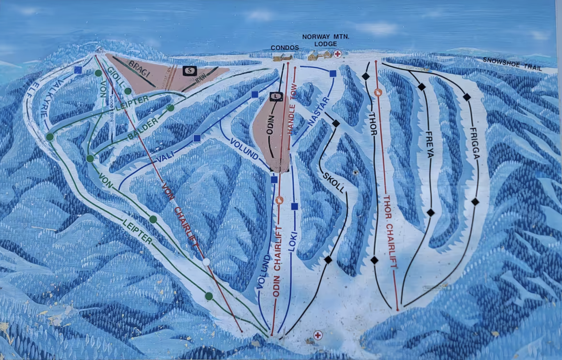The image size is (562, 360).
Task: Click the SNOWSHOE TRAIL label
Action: [x=512, y=64]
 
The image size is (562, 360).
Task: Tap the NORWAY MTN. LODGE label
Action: [x=326, y=40]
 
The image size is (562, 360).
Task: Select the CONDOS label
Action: [x=285, y=48]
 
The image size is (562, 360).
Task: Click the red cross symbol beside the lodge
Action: [x=337, y=54]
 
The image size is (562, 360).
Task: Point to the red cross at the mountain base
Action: [x=318, y=335]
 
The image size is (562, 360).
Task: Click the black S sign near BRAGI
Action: [x=189, y=71]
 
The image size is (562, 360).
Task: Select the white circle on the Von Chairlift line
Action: [x=206, y=262]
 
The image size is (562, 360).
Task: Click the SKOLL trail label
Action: [x=334, y=182]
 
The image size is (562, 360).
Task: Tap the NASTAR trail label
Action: [x=319, y=112]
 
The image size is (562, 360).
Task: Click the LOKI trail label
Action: [x=293, y=243]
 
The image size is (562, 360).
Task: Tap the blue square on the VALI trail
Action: [x=197, y=138]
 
